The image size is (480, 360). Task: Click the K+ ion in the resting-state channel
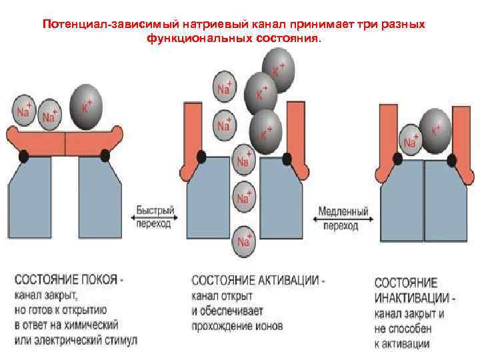pyautogui.click(x=85, y=106)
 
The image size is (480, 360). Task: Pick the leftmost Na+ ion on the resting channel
pyautogui.click(x=25, y=111)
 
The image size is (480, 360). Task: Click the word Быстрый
pyautogui.click(x=155, y=211)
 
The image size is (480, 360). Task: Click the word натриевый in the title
pyautogui.click(x=193, y=25)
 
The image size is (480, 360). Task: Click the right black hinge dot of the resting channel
pyautogui.click(x=105, y=155)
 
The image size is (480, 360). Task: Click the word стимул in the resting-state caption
pyautogui.click(x=117, y=340)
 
